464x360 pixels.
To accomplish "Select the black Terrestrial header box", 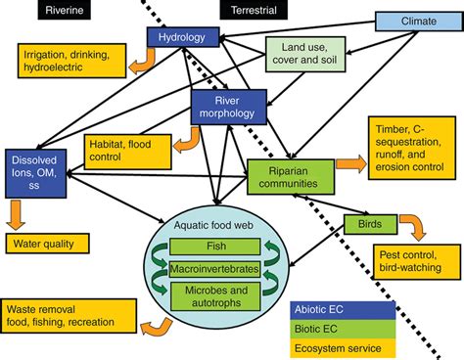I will pyautogui.click(x=254, y=10).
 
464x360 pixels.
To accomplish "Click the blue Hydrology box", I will pyautogui.click(x=181, y=37).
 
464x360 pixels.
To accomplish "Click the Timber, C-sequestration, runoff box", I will pyautogui.click(x=411, y=149).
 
